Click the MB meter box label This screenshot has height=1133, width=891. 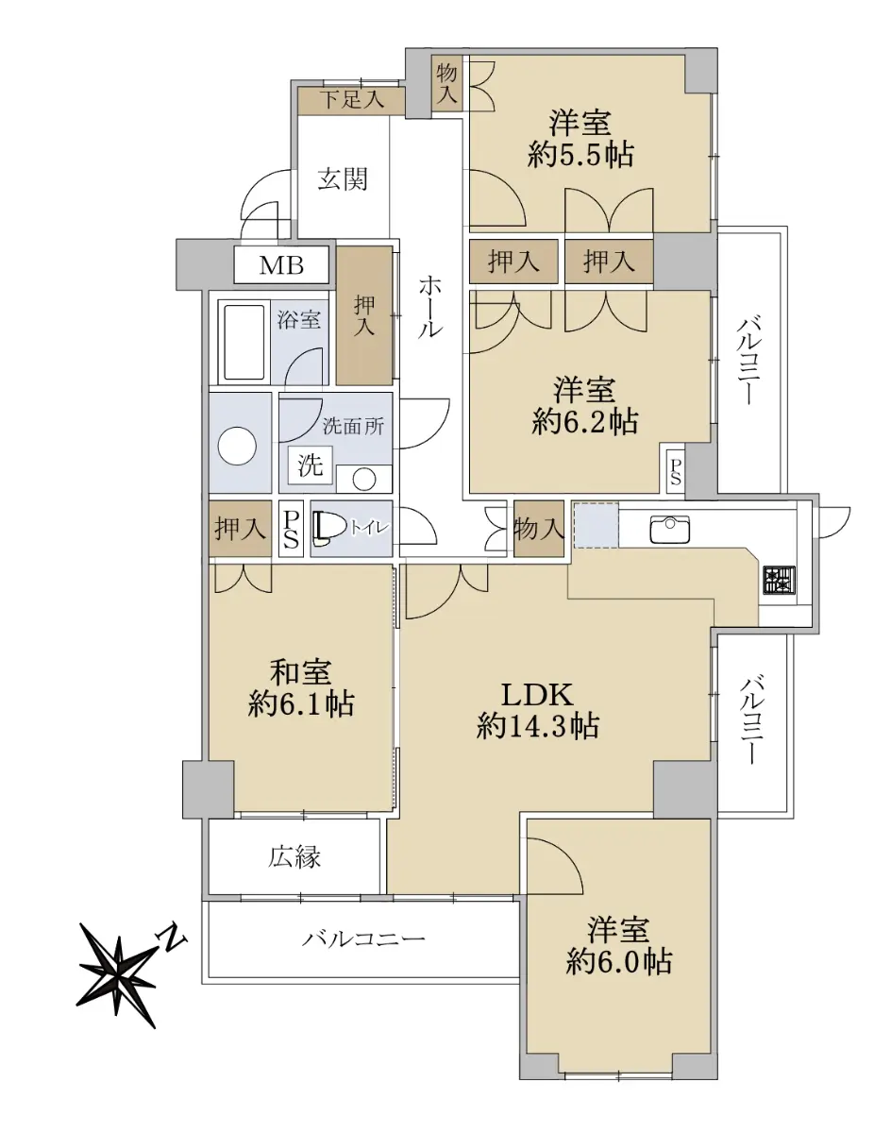tap(281, 265)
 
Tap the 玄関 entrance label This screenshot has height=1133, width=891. tap(342, 180)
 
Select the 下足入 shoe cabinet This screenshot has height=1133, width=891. tap(351, 100)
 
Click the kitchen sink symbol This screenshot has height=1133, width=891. tap(670, 529)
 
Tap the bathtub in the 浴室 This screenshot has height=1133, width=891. tap(244, 342)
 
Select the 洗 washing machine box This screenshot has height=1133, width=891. tap(310, 465)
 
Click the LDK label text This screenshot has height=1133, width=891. tap(537, 695)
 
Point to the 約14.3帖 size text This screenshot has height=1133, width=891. tap(538, 727)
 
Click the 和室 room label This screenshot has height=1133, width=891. tap(300, 671)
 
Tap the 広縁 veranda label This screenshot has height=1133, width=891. tap(294, 857)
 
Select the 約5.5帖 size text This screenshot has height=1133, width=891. tap(580, 154)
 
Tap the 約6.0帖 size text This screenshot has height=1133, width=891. tap(618, 962)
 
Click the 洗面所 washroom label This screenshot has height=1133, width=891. tap(353, 427)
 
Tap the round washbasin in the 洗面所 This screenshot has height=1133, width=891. tap(363, 479)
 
